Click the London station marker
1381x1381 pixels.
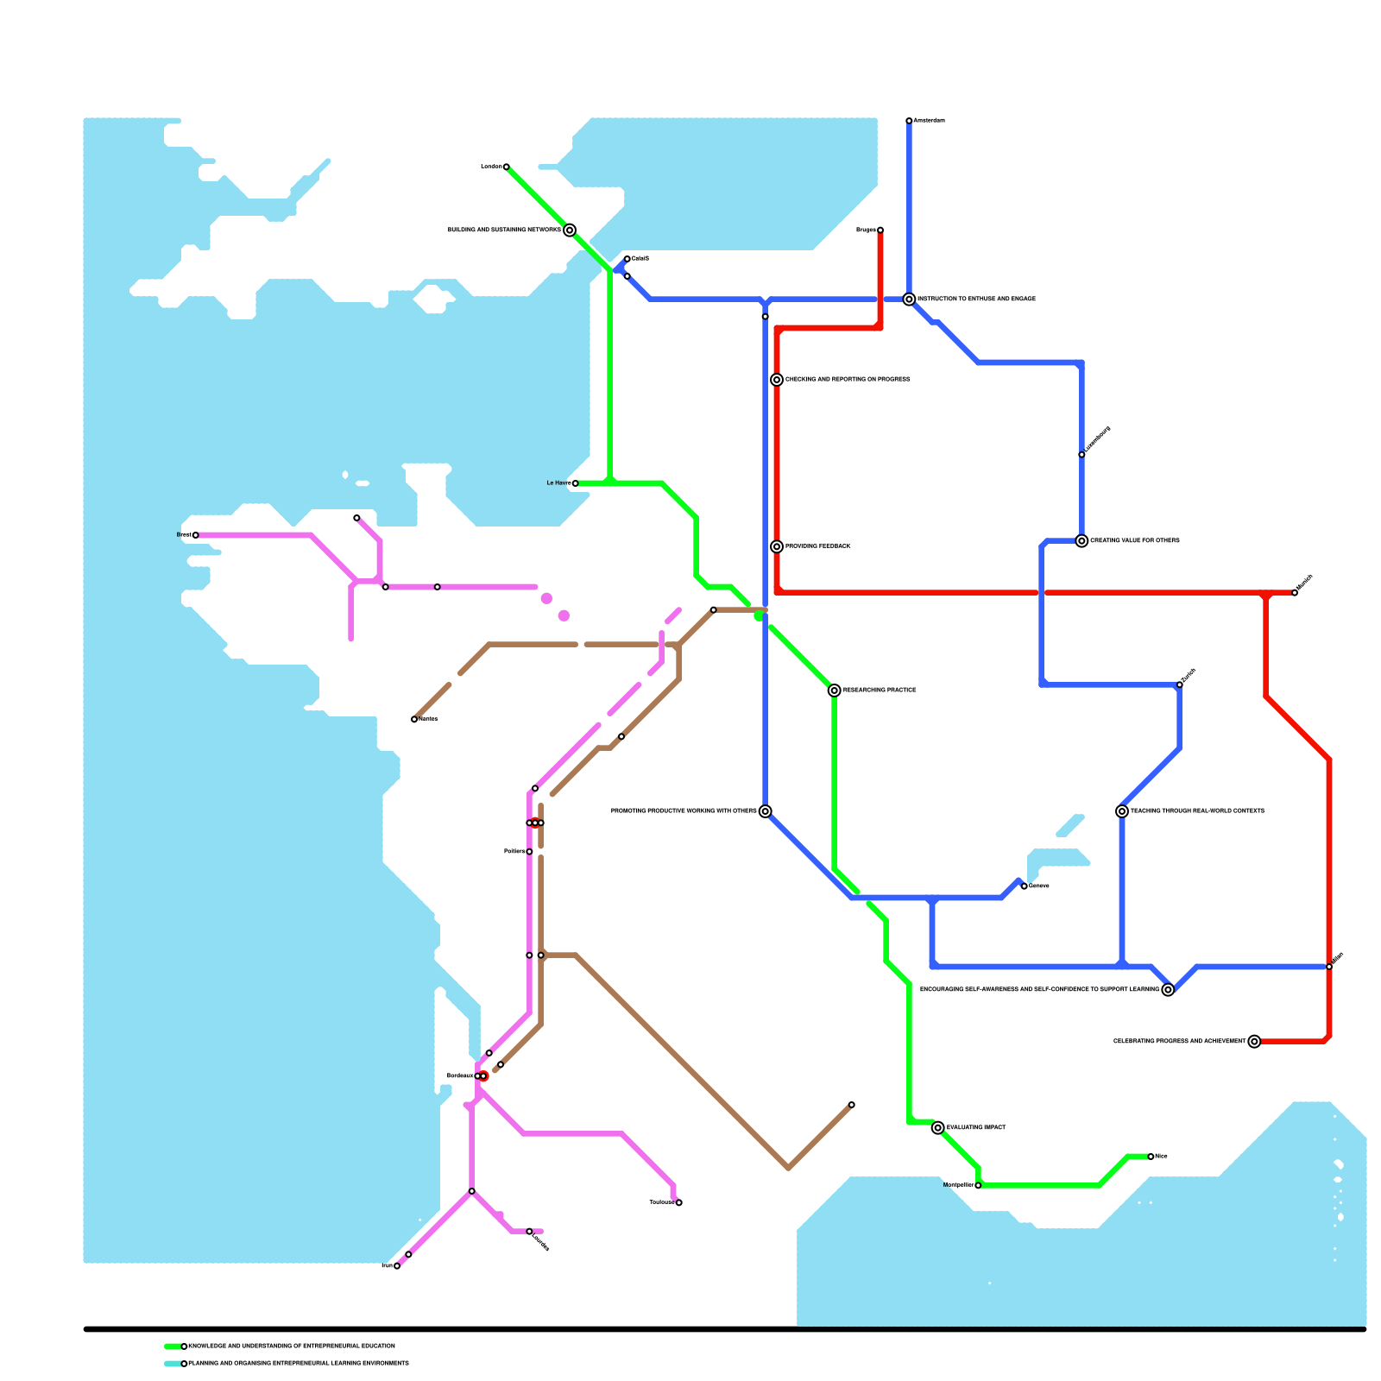point(506,167)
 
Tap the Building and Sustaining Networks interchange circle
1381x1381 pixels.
point(570,230)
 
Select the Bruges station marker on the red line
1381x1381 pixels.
point(880,230)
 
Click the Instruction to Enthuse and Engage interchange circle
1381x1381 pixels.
point(909,300)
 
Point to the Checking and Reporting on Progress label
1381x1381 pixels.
point(847,380)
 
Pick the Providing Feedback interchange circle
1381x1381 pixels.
point(777,546)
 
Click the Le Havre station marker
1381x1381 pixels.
point(575,483)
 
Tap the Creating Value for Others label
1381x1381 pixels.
point(1134,541)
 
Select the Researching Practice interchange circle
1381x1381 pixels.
point(834,690)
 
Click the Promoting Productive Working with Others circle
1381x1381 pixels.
point(765,811)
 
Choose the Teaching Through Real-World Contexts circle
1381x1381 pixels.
point(1121,811)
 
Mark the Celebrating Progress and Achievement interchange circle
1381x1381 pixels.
point(1254,1042)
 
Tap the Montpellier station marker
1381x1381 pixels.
point(978,1186)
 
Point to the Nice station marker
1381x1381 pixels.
point(1151,1157)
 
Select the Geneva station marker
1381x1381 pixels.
point(1024,886)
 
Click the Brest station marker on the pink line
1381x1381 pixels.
point(195,535)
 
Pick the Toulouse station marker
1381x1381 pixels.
point(679,1203)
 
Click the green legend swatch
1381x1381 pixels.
point(173,1346)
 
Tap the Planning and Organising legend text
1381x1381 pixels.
point(298,1364)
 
